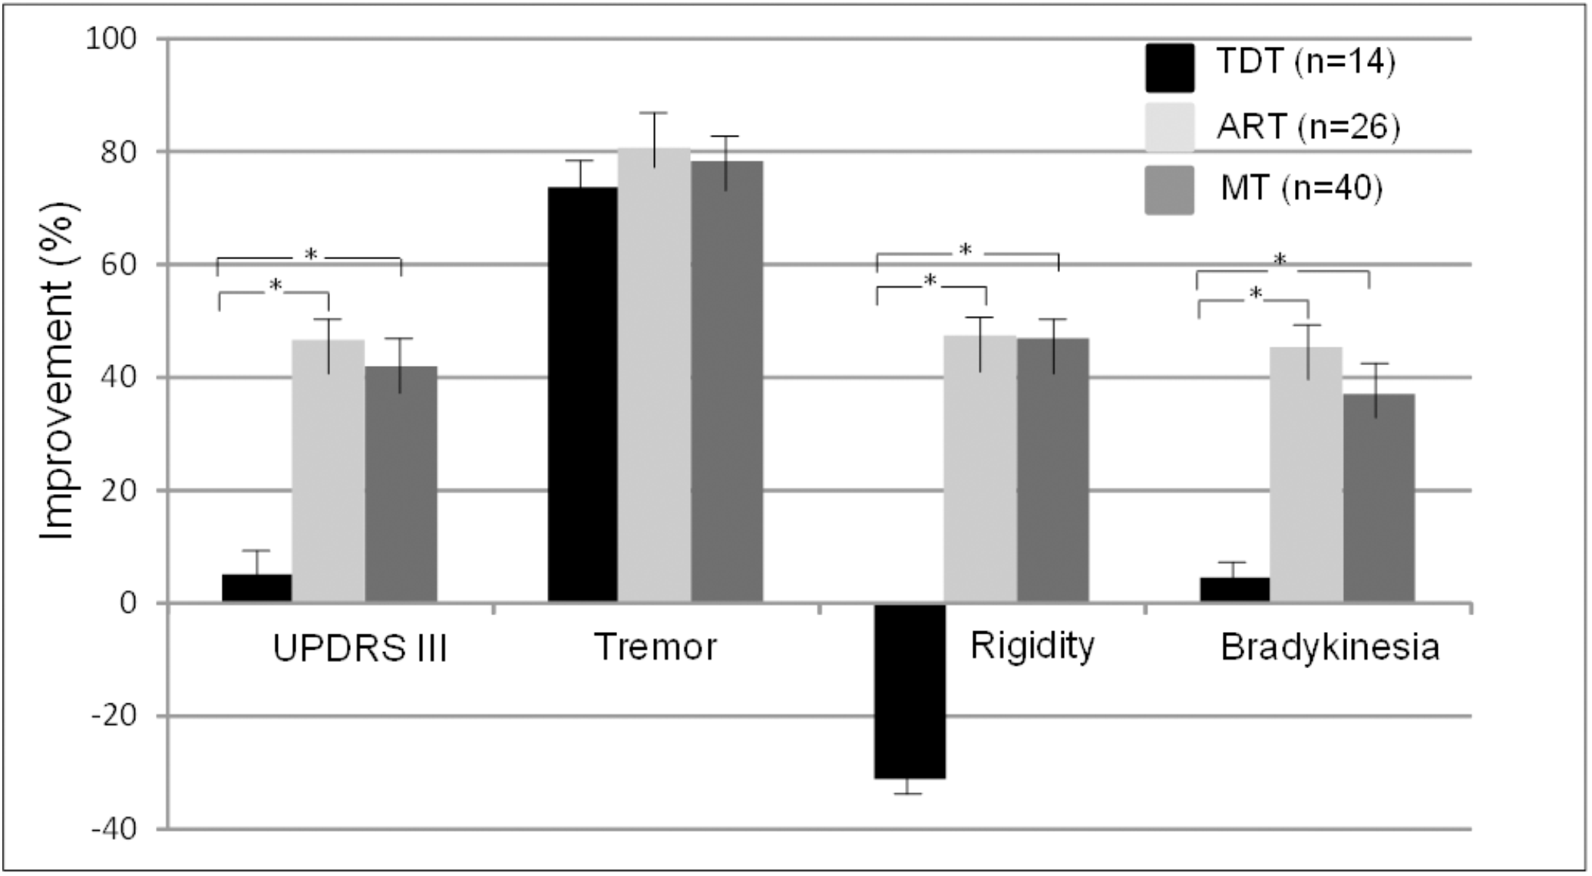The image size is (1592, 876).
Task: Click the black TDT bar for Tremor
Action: [582, 395]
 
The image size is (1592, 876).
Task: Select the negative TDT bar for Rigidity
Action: [910, 690]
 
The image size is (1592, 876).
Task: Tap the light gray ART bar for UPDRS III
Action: [328, 471]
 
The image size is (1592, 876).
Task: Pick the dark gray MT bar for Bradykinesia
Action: [1379, 498]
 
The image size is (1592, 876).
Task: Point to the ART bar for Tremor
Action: [654, 376]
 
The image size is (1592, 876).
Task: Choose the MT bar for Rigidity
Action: [1053, 469]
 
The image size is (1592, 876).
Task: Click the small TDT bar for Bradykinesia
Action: [1234, 590]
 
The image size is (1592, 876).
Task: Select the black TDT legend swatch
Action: [1169, 67]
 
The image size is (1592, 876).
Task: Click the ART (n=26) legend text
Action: [1308, 127]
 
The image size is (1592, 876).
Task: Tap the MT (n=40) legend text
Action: [1302, 189]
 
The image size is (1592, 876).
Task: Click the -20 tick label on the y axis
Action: [114, 716]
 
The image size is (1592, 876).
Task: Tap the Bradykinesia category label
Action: [1329, 648]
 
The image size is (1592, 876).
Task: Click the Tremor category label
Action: [655, 647]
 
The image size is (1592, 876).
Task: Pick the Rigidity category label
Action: [1032, 646]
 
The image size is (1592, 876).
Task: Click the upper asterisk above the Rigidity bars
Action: [966, 249]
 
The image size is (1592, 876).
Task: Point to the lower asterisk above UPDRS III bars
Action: [276, 286]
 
